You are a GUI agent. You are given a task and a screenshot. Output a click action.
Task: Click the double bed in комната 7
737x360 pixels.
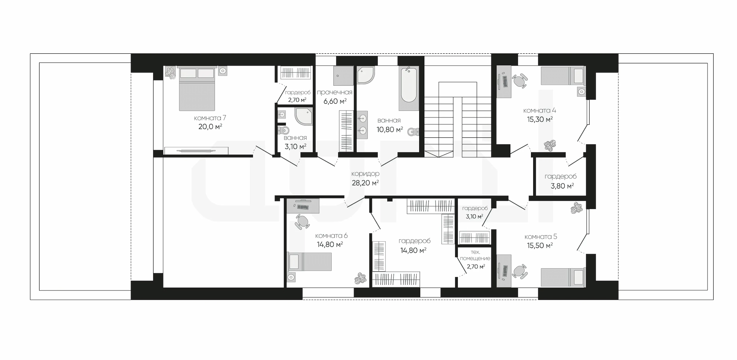pyautogui.click(x=197, y=89)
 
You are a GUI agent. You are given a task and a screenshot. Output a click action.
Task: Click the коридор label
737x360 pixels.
pyautogui.click(x=365, y=174)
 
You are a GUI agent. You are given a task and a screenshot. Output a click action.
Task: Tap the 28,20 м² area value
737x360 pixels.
pyautogui.click(x=365, y=183)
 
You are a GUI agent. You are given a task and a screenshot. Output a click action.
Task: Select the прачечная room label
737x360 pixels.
pyautogui.click(x=334, y=92)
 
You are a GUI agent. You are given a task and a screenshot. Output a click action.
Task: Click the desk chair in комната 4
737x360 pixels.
pyautogui.click(x=519, y=81)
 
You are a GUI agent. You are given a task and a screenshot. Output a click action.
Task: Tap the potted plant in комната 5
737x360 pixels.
pyautogui.click(x=577, y=208)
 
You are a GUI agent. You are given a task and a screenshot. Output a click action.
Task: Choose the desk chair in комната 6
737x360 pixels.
pyautogui.click(x=302, y=222)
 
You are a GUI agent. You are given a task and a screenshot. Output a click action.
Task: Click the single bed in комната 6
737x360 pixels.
pyautogui.click(x=309, y=262)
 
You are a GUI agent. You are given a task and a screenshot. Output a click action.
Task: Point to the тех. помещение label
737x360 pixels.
pyautogui.click(x=475, y=255)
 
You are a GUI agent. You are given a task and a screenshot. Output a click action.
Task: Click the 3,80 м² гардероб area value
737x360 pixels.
pyautogui.click(x=562, y=186)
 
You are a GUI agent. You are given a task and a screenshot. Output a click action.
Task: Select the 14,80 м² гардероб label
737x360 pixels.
pyautogui.click(x=415, y=241)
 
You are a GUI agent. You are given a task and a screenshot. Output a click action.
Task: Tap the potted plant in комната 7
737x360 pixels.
pyautogui.click(x=170, y=73)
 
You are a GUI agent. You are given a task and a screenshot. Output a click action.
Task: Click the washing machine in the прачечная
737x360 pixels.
pyautogui.click(x=343, y=76)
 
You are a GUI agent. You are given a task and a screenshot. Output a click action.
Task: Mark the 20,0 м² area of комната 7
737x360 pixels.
pyautogui.click(x=210, y=127)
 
